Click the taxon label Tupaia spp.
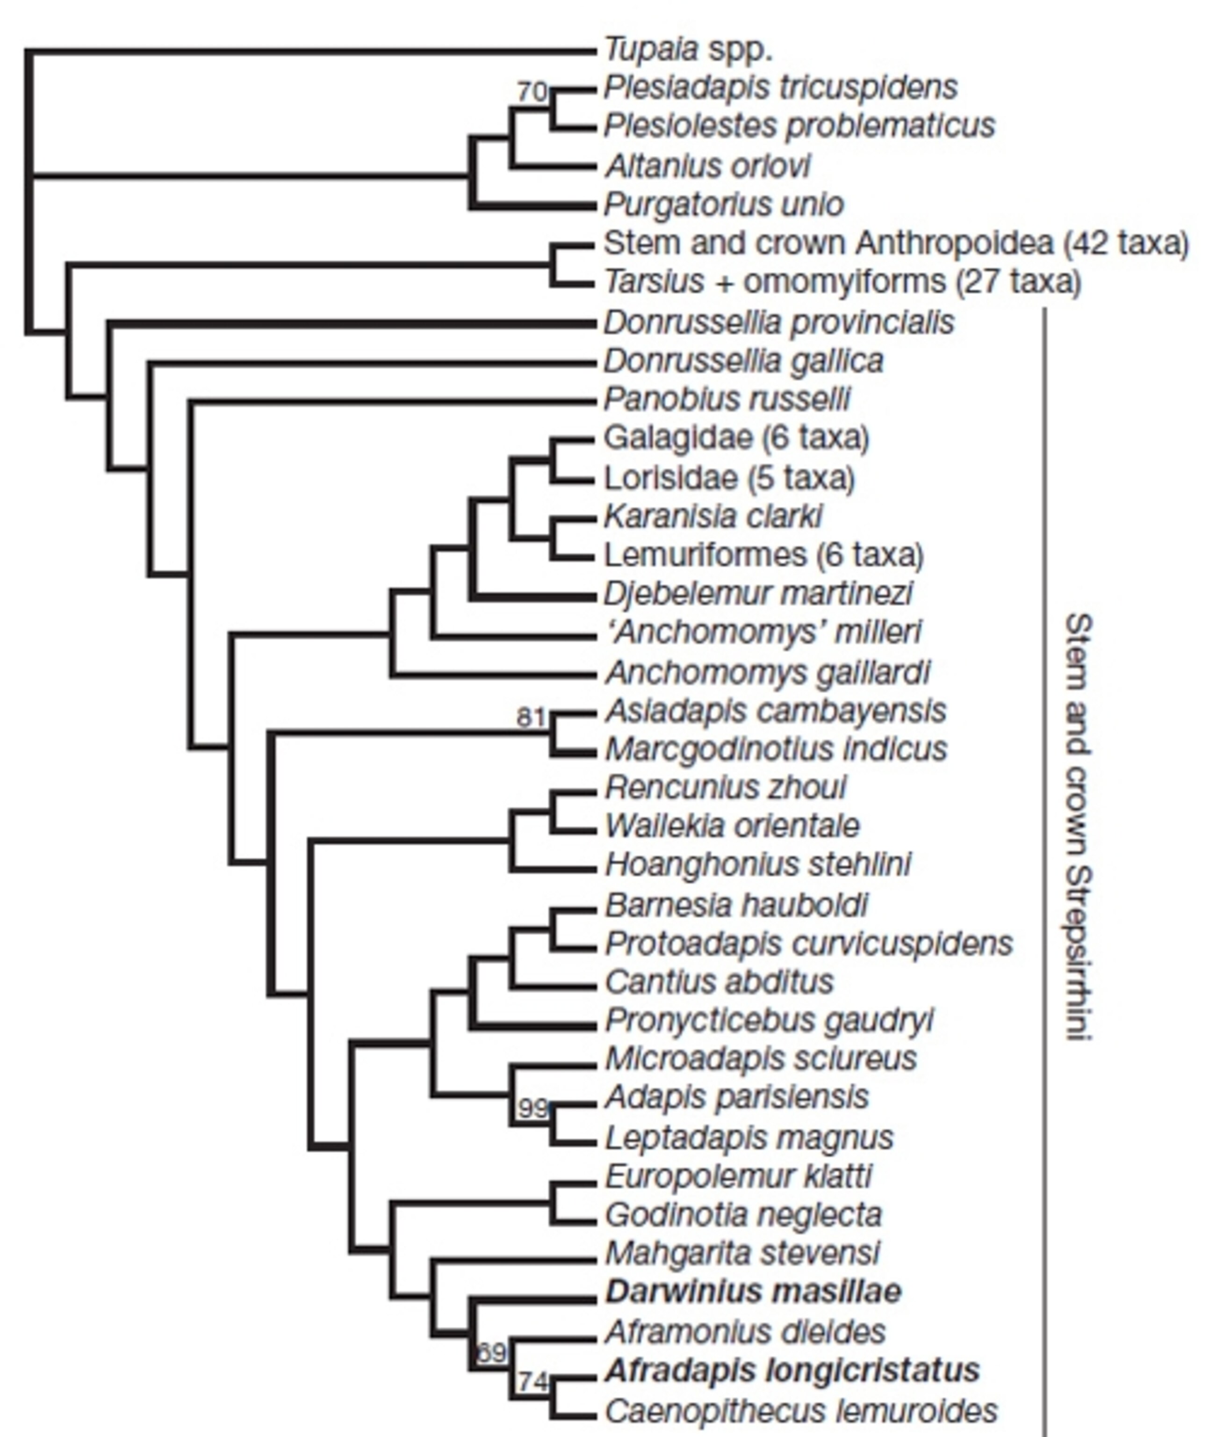[688, 50]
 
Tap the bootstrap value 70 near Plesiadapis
[532, 91]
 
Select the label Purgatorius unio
[724, 204]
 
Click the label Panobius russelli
[727, 399]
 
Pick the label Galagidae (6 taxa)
[736, 437]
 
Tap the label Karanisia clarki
[713, 516]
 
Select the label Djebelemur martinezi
[758, 593]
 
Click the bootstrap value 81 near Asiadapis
[531, 717]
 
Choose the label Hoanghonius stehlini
[758, 864]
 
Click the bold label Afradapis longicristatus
[792, 1371]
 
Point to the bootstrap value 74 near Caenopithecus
[533, 1381]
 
